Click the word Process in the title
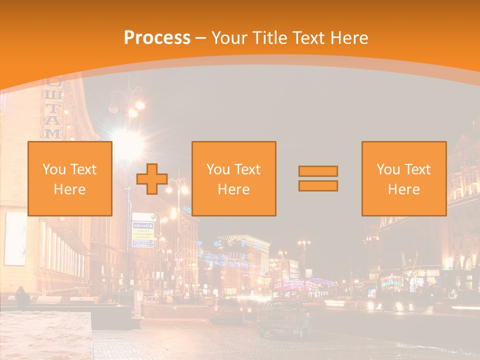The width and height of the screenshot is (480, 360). pos(157,38)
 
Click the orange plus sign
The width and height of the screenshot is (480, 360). pos(152,178)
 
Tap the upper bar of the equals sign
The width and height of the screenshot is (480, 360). pos(318,171)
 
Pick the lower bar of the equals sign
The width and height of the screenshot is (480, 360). pos(318,185)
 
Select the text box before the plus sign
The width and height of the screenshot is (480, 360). pos(70,178)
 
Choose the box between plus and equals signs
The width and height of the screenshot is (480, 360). pos(234,178)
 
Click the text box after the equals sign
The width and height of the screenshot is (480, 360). pos(404,178)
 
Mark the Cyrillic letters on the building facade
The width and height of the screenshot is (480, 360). pos(53,107)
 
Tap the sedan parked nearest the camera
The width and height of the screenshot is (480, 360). pos(283,317)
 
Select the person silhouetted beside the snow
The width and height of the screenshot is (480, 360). pos(22,298)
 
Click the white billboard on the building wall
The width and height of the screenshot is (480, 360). pos(15,238)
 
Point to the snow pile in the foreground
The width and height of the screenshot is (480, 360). pos(45,335)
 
